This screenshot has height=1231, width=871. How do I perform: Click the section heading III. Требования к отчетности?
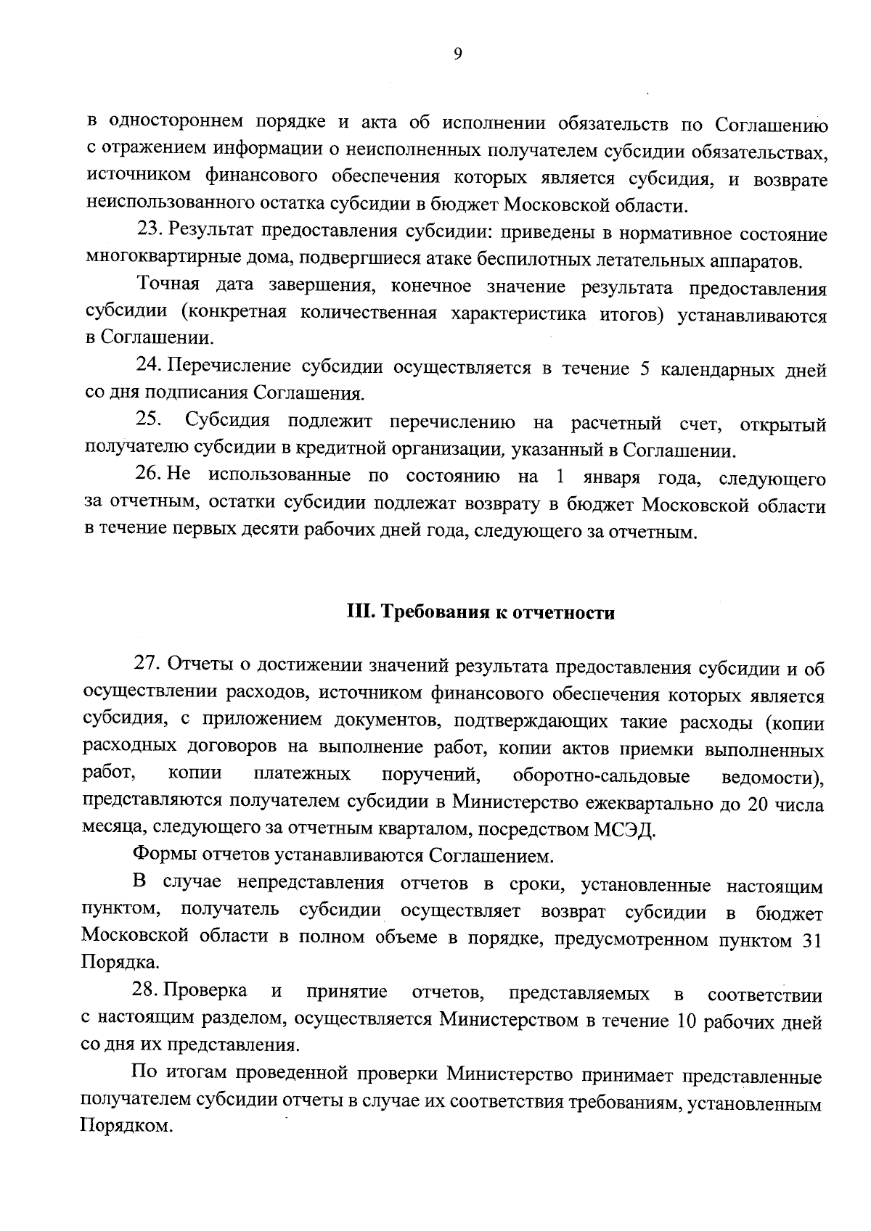click(x=481, y=613)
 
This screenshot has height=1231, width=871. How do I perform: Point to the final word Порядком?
click(x=126, y=1128)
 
